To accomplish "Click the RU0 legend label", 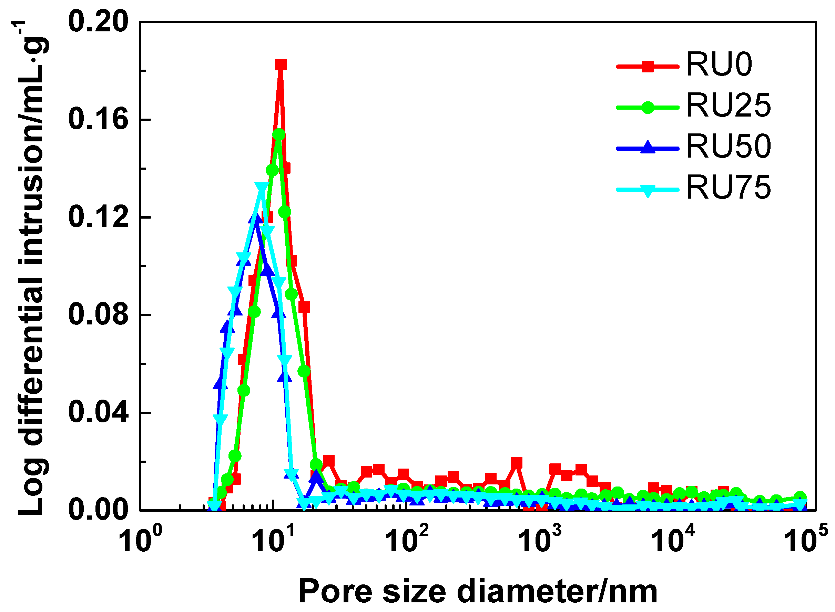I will tap(719, 65).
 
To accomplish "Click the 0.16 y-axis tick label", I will tap(98, 119).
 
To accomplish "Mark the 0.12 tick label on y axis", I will tap(98, 217).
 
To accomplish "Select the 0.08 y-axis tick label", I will tap(98, 315).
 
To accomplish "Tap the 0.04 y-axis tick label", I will tap(98, 413).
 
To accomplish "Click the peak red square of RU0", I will tap(281, 65).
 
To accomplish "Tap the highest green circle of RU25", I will tap(279, 134).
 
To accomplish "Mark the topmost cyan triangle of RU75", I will tap(262, 188).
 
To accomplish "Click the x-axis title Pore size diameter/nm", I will tap(478, 592).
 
